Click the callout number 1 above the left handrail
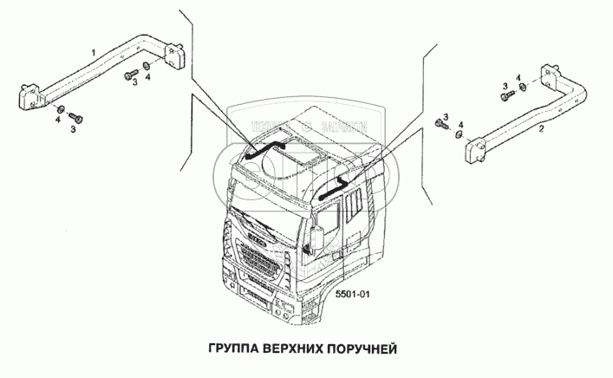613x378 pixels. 93,54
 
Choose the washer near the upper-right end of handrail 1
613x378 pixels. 147,66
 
